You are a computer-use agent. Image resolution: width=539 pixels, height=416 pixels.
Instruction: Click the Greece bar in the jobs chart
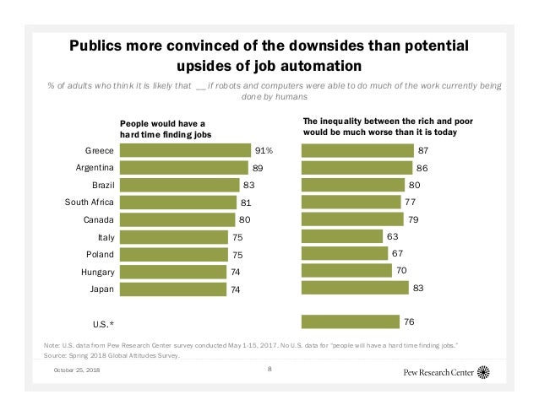185,150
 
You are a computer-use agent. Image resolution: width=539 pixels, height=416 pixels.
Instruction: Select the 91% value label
264,150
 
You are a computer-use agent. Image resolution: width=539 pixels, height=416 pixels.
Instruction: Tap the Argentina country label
95,167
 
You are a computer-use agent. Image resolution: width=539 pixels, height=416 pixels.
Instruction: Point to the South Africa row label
90,202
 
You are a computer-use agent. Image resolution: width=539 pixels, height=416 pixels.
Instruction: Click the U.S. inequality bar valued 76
350,321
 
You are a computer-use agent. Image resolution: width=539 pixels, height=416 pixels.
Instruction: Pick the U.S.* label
101,323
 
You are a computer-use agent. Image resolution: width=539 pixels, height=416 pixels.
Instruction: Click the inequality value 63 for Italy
392,236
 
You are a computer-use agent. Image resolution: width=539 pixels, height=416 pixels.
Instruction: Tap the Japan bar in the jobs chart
173,288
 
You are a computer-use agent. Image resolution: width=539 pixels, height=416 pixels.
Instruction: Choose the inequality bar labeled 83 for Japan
355,288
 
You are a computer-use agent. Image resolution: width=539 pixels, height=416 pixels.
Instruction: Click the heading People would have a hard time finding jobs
165,128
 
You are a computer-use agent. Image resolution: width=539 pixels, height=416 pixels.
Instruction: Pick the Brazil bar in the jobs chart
178,185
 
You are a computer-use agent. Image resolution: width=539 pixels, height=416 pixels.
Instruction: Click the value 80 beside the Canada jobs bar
245,219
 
